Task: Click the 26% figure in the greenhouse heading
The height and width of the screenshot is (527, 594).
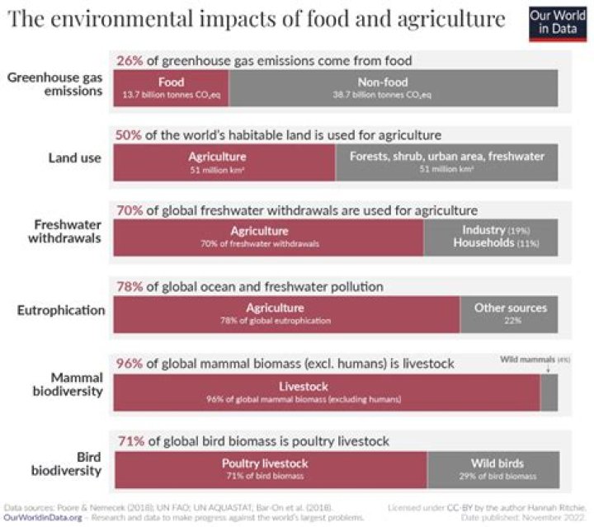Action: click(130, 61)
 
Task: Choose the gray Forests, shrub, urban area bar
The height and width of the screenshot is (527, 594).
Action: click(446, 161)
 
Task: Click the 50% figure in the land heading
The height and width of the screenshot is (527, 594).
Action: click(130, 134)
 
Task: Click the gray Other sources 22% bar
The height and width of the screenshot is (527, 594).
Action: click(509, 313)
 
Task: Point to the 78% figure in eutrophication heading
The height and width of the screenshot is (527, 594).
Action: click(130, 287)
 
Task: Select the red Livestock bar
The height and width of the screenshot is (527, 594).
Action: click(327, 392)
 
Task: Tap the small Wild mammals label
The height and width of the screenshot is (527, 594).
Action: click(528, 360)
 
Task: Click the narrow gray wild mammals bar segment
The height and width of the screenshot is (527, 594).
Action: click(549, 392)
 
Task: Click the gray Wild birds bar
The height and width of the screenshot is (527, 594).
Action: click(493, 468)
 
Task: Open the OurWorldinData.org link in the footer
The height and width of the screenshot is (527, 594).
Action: click(43, 518)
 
